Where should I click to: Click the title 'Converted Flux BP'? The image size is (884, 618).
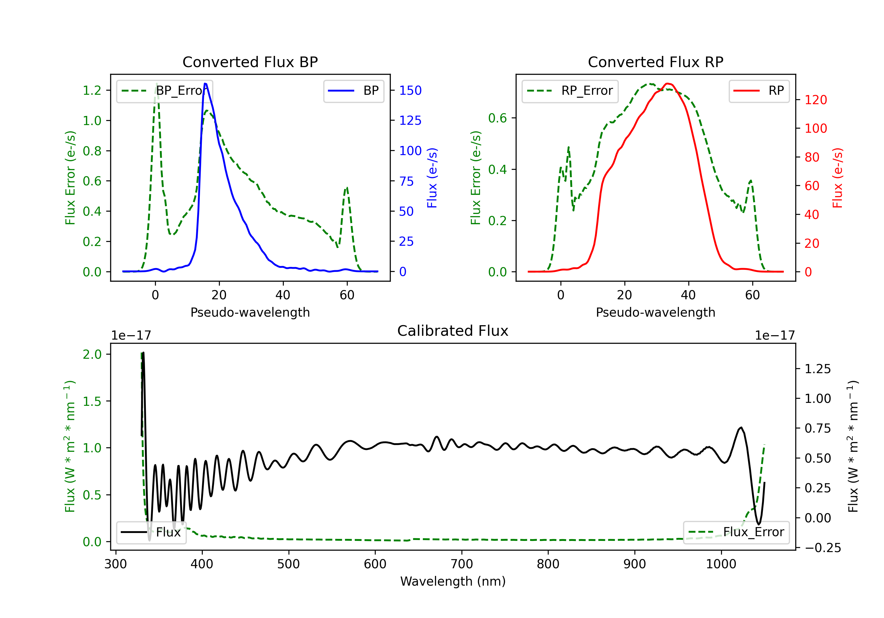pos(250,62)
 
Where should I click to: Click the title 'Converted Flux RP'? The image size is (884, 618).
pos(655,62)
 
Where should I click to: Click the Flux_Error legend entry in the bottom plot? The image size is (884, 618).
pos(736,532)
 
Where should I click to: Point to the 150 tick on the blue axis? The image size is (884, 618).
pos(410,90)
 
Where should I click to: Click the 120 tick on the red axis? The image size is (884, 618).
pos(815,100)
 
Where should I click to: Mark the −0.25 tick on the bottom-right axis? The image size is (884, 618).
pos(822,548)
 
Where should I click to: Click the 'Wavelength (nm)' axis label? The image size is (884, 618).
pos(453,581)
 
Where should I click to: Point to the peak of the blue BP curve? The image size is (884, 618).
pos(205,84)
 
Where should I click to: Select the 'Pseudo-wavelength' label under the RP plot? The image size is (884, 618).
pos(655,312)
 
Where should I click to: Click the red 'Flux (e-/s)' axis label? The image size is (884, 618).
pos(838,178)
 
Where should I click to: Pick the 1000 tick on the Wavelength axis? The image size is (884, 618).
pos(721,564)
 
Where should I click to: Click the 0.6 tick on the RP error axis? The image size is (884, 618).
pos(497,118)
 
